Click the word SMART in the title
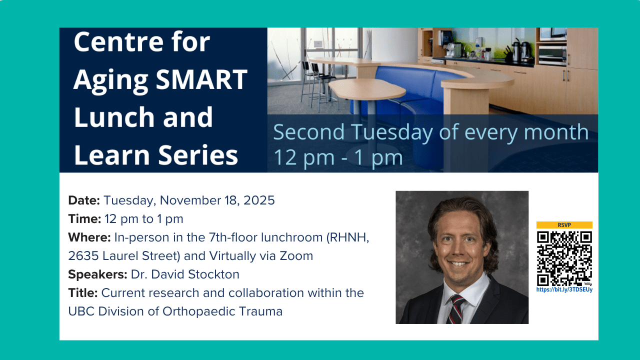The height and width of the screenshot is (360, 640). point(201,79)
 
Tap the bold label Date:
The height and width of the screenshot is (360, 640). point(84,200)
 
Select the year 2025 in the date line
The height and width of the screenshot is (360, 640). point(259,200)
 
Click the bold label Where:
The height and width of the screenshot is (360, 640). point(89,237)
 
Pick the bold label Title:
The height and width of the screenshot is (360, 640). point(83,293)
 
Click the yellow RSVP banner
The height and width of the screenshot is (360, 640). point(564,225)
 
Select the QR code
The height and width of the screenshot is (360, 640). point(564,258)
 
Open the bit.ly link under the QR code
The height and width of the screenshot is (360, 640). point(564,289)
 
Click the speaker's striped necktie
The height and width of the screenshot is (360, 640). point(456,310)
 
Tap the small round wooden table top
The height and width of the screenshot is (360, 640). point(367,88)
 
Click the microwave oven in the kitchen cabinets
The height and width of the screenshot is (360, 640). point(552,55)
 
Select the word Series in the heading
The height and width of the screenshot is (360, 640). point(198,155)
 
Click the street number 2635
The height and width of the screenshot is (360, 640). point(83,256)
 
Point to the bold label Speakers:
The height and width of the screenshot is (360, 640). point(97,274)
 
